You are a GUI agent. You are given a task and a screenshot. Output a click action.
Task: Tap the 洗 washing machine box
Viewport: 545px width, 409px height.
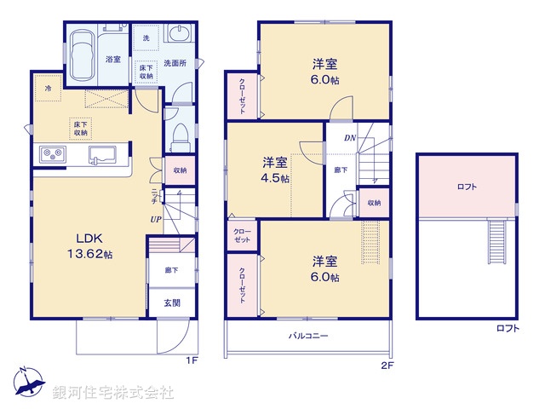tap(146, 39)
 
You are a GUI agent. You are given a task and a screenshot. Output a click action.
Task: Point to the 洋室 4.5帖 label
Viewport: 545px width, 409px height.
tap(274, 170)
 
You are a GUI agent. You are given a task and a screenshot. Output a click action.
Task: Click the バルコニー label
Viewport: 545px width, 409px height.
tap(309, 336)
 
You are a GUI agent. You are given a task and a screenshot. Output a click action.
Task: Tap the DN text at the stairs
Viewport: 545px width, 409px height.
tap(349, 137)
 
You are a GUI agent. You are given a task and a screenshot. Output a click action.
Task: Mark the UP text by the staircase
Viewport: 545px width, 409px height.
tap(156, 219)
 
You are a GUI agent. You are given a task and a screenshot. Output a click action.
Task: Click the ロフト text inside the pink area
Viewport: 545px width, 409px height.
tap(466, 186)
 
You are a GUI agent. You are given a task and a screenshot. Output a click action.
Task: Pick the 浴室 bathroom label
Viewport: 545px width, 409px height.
tap(112, 59)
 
